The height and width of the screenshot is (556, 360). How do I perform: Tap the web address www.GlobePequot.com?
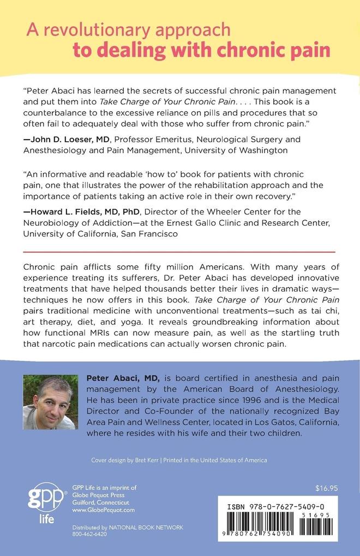[x=95, y=510]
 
